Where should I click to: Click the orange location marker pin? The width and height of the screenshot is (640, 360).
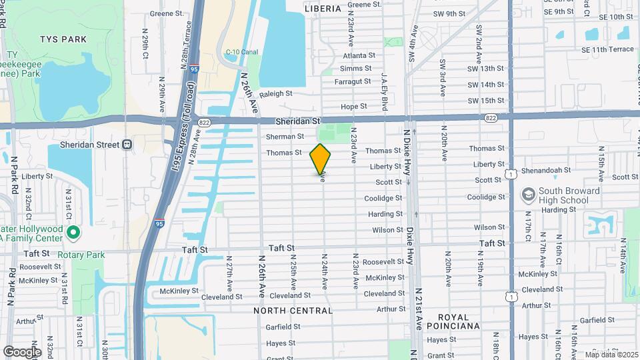pyautogui.click(x=321, y=159)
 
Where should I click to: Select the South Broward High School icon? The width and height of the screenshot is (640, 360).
pyautogui.click(x=529, y=195)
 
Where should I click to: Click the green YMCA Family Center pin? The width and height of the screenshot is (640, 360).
pyautogui.click(x=74, y=233)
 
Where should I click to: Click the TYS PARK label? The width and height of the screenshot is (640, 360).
pyautogui.click(x=63, y=39)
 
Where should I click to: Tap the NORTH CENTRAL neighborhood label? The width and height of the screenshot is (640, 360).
pyautogui.click(x=293, y=311)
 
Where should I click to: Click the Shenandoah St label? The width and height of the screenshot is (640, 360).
pyautogui.click(x=548, y=171)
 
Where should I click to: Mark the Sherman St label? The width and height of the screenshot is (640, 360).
pyautogui.click(x=285, y=137)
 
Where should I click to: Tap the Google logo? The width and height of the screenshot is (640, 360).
pyautogui.click(x=22, y=351)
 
